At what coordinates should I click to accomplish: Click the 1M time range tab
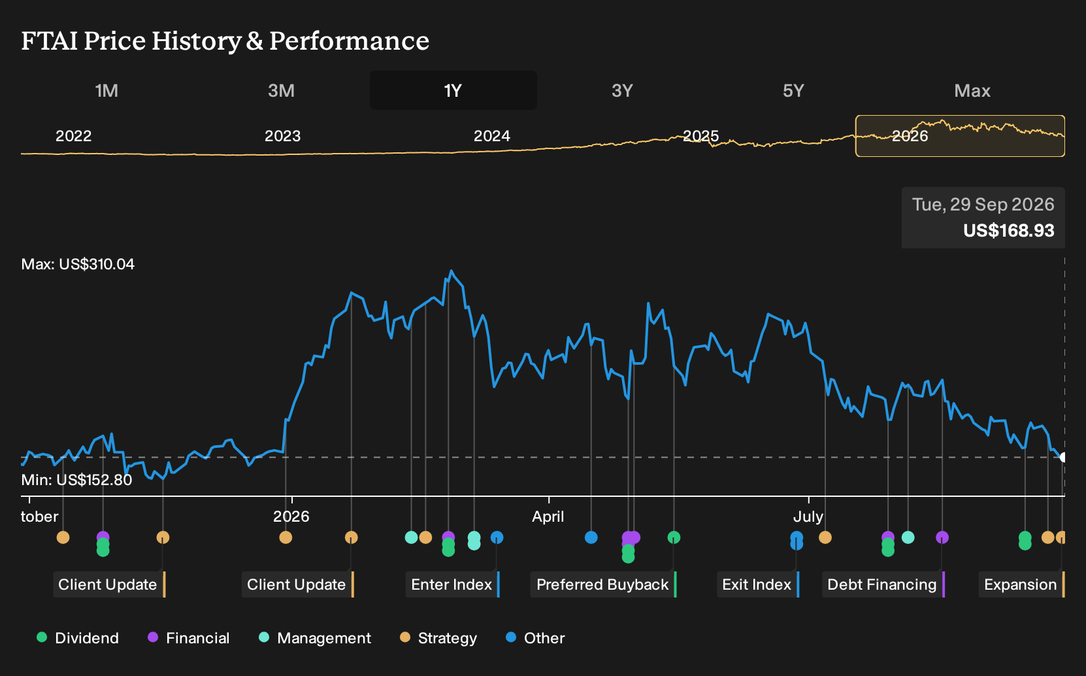107,91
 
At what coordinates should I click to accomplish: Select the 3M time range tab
281,91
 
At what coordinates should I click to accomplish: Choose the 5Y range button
793,91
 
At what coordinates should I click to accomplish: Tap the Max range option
972,91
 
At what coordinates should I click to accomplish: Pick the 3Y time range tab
623,91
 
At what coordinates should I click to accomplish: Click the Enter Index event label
452,584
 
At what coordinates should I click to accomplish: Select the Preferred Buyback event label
602,584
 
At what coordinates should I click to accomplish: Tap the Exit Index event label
757,584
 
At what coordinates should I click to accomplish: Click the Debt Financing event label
882,584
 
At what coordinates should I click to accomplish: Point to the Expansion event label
1021,584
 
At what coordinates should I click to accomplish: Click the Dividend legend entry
78,637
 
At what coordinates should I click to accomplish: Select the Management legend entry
315,637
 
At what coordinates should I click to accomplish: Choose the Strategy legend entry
438,637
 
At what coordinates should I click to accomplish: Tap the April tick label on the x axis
548,516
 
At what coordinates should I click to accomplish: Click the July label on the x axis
808,516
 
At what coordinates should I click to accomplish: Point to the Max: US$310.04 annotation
78,264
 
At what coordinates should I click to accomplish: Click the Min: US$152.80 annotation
76,480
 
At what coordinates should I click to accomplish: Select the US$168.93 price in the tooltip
1008,230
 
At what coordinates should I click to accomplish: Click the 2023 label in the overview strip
283,136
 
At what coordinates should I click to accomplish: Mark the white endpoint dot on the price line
1063,457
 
